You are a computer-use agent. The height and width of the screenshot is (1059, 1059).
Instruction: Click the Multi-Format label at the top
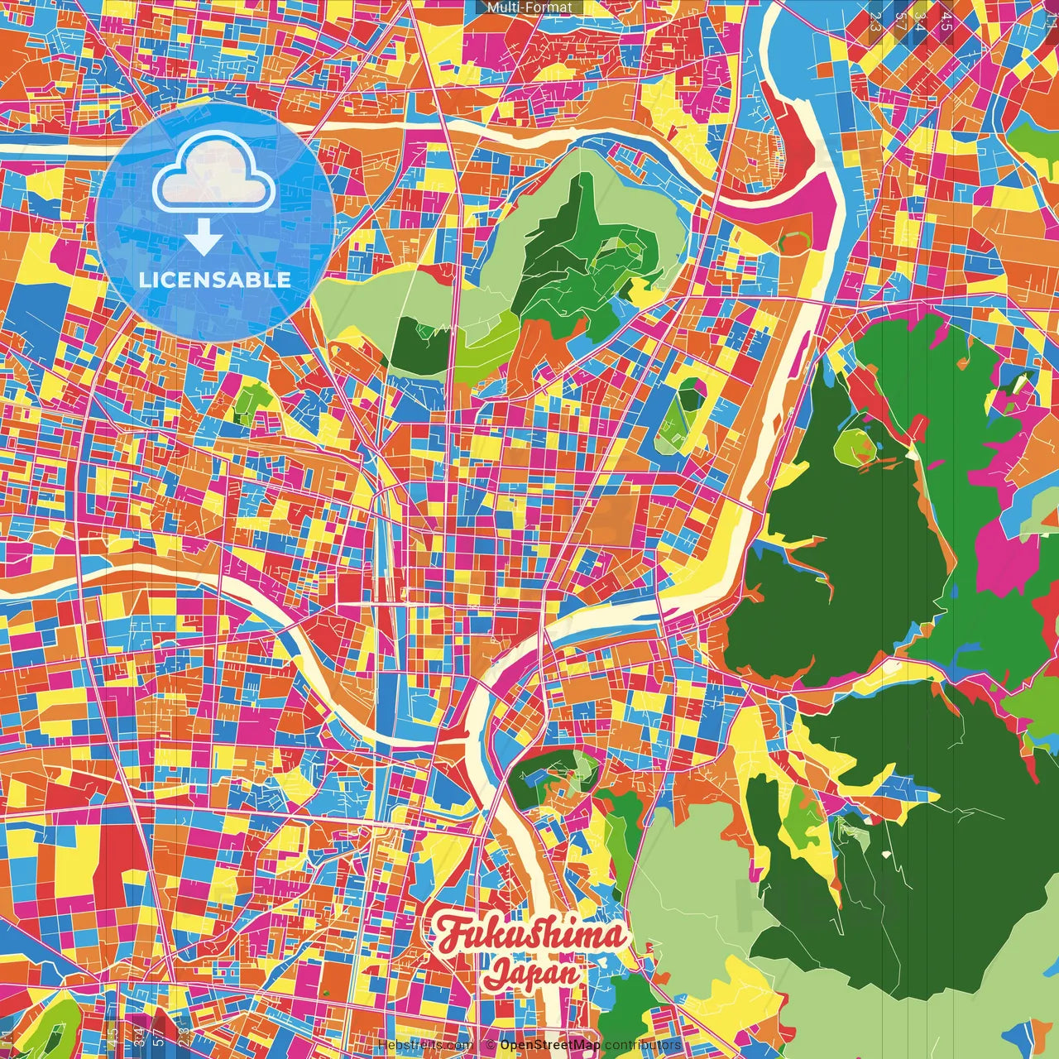[x=529, y=7]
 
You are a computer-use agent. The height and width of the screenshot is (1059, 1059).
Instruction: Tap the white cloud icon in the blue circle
[x=214, y=173]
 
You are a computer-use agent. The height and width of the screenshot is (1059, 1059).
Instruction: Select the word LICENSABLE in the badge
[x=215, y=280]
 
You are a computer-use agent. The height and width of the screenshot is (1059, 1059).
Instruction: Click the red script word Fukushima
[x=529, y=936]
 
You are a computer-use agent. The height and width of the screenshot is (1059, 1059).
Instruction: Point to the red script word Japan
[x=532, y=973]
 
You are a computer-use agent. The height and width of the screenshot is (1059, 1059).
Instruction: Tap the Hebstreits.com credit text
[x=425, y=1045]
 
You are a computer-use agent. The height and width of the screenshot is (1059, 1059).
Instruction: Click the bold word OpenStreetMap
[x=550, y=1045]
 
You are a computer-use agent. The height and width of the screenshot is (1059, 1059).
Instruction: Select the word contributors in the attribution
[x=643, y=1045]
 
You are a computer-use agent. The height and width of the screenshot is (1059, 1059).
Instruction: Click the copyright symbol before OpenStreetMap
[x=491, y=1045]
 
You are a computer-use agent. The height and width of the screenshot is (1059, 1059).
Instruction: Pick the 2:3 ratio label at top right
[x=875, y=21]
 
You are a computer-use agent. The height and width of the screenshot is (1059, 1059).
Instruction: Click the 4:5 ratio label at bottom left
[x=113, y=1035]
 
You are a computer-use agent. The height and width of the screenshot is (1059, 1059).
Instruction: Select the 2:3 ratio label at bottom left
[x=184, y=1035]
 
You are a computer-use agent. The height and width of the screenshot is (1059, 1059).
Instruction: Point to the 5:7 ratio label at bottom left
[x=159, y=1035]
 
